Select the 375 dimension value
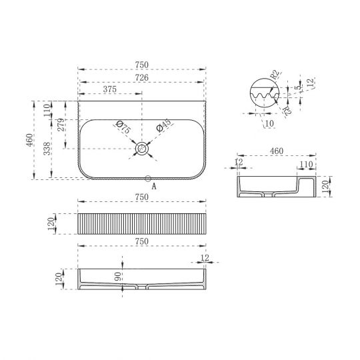pos(111,89)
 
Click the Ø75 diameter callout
pos(122,127)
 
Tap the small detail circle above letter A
pos(148,178)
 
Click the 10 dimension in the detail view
pos(269,123)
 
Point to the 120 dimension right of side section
pos(325,186)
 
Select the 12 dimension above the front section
pos(204,257)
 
